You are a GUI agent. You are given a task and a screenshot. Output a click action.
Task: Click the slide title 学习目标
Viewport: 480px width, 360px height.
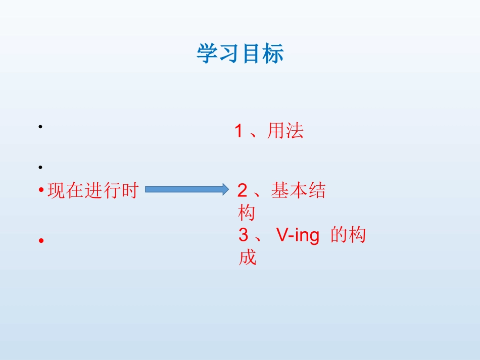pyautogui.click(x=240, y=54)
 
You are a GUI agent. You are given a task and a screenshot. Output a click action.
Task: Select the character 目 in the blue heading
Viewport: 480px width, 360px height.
pyautogui.click(x=252, y=54)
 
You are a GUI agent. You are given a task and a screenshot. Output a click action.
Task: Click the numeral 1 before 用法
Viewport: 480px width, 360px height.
pyautogui.click(x=239, y=132)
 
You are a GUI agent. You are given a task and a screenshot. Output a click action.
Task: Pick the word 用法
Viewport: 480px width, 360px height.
pyautogui.click(x=285, y=131)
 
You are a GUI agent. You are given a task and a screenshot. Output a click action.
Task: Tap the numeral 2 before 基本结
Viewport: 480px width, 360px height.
pyautogui.click(x=243, y=191)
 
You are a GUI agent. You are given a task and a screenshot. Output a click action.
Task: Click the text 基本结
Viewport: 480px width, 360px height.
pyautogui.click(x=298, y=190)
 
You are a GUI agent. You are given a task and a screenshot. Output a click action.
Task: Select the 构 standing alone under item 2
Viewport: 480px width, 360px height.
pyautogui.click(x=247, y=213)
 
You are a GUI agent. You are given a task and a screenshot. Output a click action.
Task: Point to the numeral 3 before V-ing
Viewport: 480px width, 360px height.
pyautogui.click(x=244, y=236)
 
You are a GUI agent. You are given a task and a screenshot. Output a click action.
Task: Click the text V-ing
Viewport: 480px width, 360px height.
pyautogui.click(x=298, y=236)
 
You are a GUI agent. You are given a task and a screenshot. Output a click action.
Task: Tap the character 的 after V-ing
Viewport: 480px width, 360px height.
pyautogui.click(x=339, y=235)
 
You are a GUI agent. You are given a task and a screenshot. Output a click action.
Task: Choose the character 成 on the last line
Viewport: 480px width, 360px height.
pyautogui.click(x=247, y=258)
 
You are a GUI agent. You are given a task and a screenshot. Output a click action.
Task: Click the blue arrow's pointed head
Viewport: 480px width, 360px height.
pyautogui.click(x=225, y=189)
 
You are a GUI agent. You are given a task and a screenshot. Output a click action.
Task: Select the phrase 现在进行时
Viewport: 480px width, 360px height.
pyautogui.click(x=92, y=191)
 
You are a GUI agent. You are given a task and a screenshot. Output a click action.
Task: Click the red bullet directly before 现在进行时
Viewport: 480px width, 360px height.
pyautogui.click(x=40, y=191)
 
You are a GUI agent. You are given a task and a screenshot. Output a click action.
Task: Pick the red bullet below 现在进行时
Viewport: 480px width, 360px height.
pyautogui.click(x=40, y=241)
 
